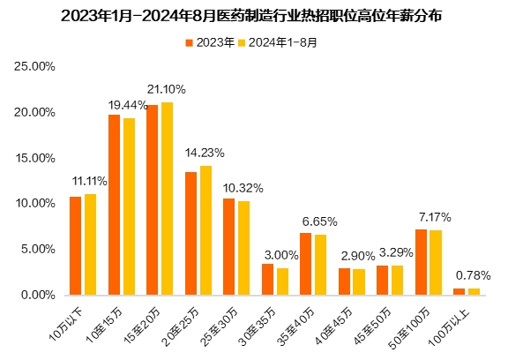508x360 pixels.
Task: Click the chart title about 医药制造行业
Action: pos(253,16)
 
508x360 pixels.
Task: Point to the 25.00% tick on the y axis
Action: pos(37,66)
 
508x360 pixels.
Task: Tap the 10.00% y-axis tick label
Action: pos(37,203)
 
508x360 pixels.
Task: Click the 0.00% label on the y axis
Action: pos(40,295)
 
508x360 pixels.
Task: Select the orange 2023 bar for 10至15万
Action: pos(114,205)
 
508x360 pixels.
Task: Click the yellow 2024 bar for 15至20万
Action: pos(167,199)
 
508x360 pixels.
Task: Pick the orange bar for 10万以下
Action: pos(75,245)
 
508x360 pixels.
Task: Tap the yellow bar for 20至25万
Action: pos(205,229)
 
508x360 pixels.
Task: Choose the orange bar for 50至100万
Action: pos(421,261)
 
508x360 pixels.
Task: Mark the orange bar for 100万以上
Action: pos(459,290)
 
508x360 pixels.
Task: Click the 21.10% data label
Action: pos(166,89)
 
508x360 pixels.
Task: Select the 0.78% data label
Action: pos(474,275)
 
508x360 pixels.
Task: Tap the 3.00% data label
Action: pos(281,255)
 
